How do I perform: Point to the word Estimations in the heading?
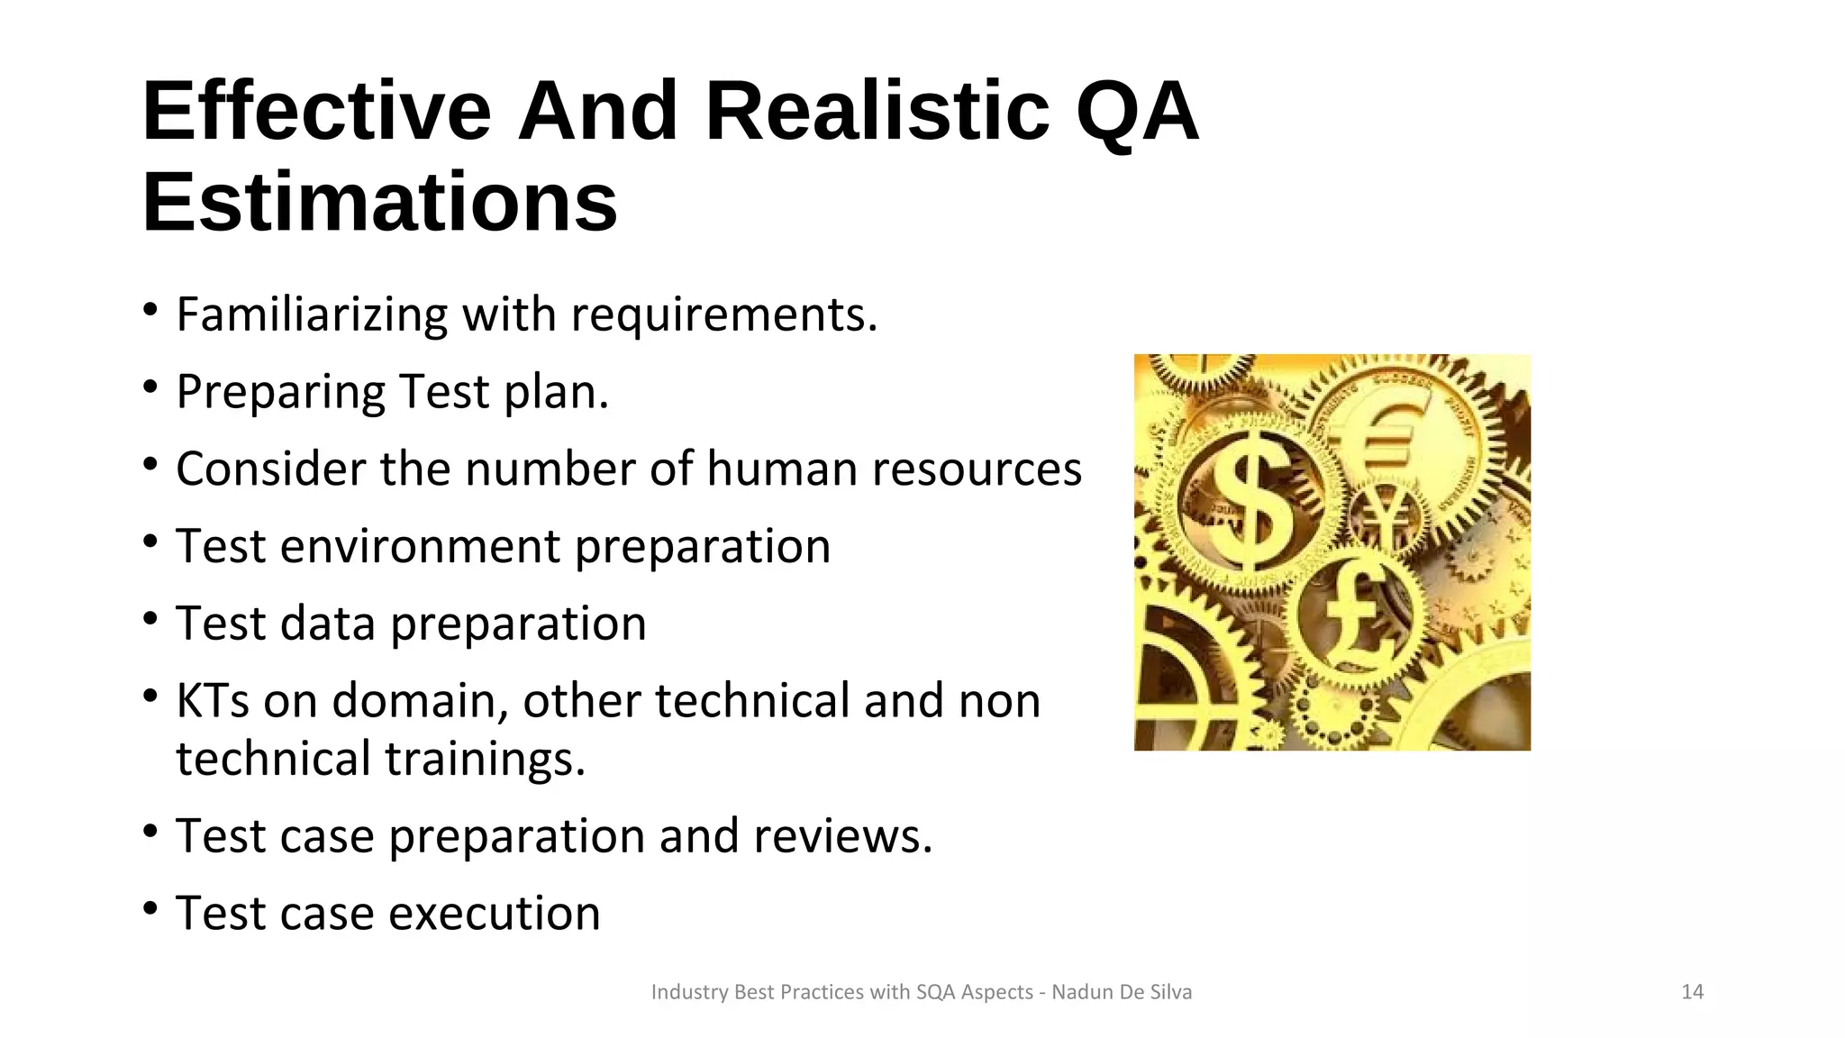(x=379, y=202)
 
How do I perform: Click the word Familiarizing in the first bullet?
(x=312, y=314)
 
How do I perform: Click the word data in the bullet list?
(x=330, y=624)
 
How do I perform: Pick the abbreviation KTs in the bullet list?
(x=213, y=701)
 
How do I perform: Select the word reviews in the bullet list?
(x=842, y=836)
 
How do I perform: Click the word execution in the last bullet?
(x=495, y=914)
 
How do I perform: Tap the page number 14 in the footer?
(x=1692, y=992)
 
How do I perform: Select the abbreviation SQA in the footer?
(x=936, y=992)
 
